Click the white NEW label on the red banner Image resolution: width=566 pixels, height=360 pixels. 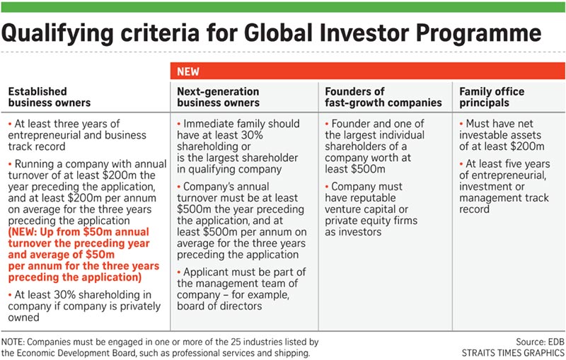coord(187,71)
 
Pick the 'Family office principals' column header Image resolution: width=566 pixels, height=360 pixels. coord(492,98)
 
